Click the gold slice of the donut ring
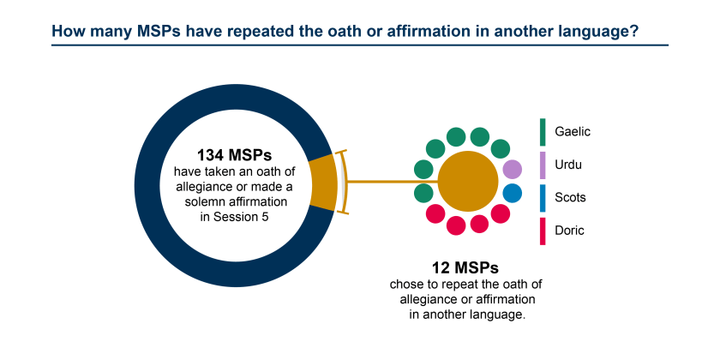[322, 182]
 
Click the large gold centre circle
[468, 181]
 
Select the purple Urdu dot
[512, 170]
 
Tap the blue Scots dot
[512, 193]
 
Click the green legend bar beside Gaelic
[543, 132]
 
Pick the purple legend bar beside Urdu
[543, 165]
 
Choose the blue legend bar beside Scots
[543, 198]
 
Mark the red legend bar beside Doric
[543, 231]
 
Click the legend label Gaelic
[573, 132]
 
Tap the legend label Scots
[572, 198]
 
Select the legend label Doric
[571, 231]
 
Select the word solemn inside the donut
[205, 201]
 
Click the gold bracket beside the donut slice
[344, 182]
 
